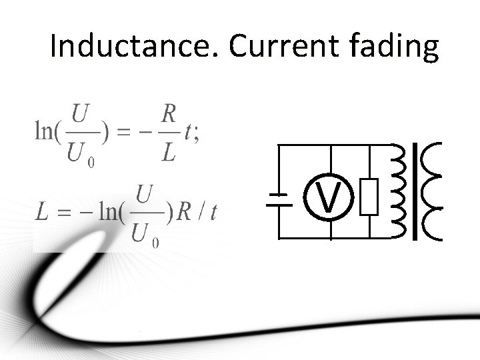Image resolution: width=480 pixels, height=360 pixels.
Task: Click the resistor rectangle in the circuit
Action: [x=369, y=197]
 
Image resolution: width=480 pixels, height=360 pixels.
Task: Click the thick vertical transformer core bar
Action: [x=415, y=191]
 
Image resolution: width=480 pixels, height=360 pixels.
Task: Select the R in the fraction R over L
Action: [x=169, y=114]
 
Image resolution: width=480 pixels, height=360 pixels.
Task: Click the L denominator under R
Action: [x=169, y=153]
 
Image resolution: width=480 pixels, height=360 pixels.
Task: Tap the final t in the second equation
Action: [x=213, y=213]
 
